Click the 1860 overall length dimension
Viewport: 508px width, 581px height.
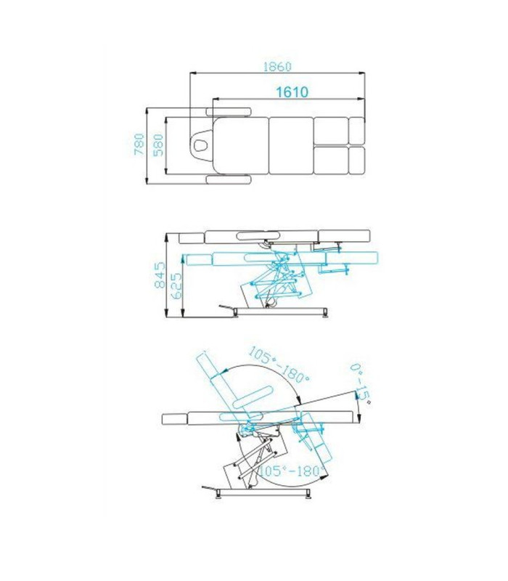(277, 67)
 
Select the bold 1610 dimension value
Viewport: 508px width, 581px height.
(292, 92)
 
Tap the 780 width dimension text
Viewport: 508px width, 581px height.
(139, 145)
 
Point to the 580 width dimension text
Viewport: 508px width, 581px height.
(157, 145)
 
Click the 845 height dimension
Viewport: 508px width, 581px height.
(160, 275)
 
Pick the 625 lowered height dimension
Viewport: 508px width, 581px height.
(177, 285)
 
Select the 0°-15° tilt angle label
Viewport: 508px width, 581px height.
(360, 384)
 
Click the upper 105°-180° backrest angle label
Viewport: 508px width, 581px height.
(279, 365)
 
